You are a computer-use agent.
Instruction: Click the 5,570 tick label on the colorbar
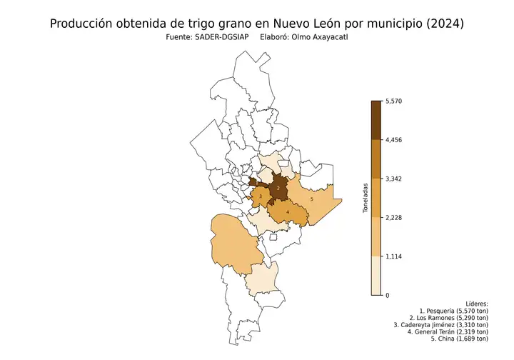pos(394,101)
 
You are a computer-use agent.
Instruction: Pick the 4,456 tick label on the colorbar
pos(394,140)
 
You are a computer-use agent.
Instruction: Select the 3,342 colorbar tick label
pos(394,179)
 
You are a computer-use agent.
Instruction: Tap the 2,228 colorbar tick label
pos(394,218)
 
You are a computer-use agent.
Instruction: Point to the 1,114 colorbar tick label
pos(394,256)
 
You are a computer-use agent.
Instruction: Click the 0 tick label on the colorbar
pos(388,295)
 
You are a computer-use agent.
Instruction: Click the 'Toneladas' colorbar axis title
pos(365,198)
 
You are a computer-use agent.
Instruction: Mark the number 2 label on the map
pos(278,187)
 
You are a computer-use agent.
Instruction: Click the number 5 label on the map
pos(312,199)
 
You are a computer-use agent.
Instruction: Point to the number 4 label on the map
pos(287,212)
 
